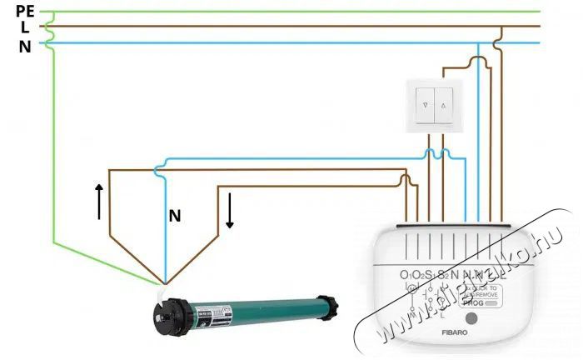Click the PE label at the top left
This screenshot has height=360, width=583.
pos(26,10)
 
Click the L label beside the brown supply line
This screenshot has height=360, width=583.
pos(27,27)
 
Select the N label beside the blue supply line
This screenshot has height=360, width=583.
pos(26,47)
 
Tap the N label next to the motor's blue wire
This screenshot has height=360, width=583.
pos(175,216)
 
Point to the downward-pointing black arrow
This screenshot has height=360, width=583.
pos(229,212)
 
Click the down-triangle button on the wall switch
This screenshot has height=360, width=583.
pos(426,107)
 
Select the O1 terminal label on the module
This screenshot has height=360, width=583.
pos(406,275)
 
